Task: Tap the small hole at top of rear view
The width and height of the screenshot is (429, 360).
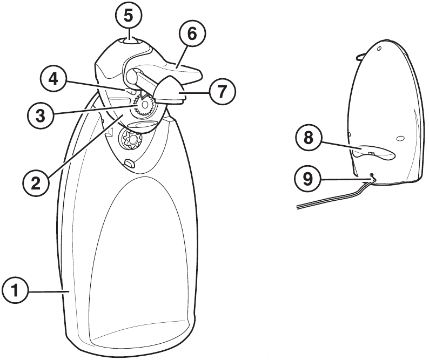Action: pyautogui.click(x=379, y=49)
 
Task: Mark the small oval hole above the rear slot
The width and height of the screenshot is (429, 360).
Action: pyautogui.click(x=399, y=139)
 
